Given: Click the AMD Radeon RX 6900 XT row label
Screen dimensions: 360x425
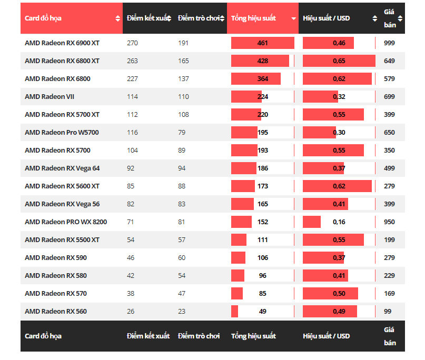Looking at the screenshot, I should [x=62, y=43].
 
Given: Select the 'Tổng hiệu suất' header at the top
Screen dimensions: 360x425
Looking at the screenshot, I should [x=253, y=18].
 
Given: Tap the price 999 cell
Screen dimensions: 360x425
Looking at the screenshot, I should [x=389, y=43].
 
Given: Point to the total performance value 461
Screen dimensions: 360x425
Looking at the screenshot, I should [x=263, y=43].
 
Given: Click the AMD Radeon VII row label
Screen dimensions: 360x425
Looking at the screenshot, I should [x=50, y=97].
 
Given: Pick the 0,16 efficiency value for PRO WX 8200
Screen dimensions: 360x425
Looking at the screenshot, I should [x=339, y=222].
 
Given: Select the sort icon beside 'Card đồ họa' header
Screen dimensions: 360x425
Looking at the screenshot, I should [x=117, y=18].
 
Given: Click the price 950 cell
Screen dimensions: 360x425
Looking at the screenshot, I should [x=389, y=222].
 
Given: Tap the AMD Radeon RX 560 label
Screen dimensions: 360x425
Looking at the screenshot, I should [x=56, y=312].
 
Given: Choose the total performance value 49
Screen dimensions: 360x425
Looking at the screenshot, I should [x=263, y=312].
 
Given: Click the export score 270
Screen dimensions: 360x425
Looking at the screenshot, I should [x=132, y=43].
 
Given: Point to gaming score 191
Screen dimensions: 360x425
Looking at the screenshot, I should [x=183, y=43].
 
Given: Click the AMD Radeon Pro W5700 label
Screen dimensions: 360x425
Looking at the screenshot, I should [x=62, y=133].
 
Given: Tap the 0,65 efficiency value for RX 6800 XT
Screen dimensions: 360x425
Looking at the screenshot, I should [x=339, y=61].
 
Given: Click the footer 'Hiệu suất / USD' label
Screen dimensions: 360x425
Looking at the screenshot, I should [x=327, y=336].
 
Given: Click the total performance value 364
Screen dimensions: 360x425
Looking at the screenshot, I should [x=263, y=79].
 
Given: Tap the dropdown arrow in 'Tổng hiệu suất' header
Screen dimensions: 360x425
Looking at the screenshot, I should [x=294, y=18].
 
